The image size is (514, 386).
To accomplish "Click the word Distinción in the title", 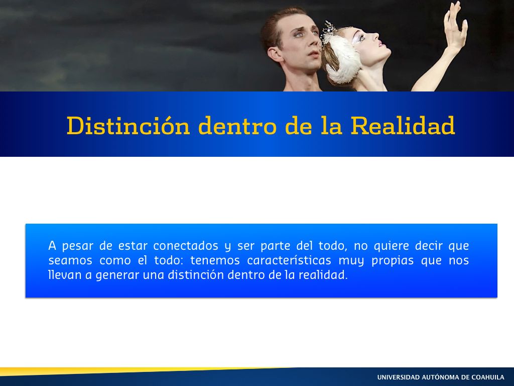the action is [128, 125].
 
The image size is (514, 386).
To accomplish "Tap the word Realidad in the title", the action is [403, 125].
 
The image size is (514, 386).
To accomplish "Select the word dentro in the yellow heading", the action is [237, 125].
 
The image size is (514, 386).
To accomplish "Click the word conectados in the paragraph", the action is [186, 245].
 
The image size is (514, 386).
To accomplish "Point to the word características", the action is [289, 260].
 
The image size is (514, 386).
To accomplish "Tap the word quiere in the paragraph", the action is [392, 246].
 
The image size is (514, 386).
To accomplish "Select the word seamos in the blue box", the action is [70, 261].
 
